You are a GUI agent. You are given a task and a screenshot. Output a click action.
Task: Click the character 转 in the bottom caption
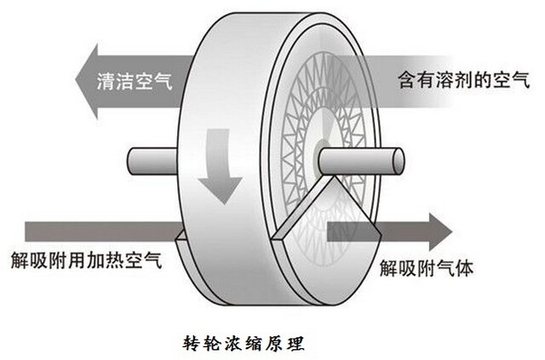click(x=193, y=345)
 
